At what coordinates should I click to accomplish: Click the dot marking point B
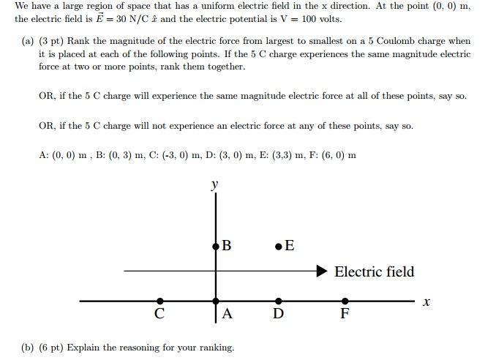pyautogui.click(x=216, y=247)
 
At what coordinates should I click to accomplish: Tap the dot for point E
pyautogui.click(x=279, y=247)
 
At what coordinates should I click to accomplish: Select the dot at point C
pyautogui.click(x=160, y=301)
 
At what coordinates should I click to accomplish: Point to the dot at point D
pyautogui.click(x=279, y=301)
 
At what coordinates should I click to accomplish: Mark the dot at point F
pyautogui.click(x=345, y=301)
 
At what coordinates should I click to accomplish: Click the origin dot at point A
pyautogui.click(x=216, y=301)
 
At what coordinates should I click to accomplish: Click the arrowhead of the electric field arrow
pyautogui.click(x=322, y=271)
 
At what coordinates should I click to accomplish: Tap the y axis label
pyautogui.click(x=215, y=184)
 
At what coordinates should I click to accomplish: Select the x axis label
pyautogui.click(x=426, y=302)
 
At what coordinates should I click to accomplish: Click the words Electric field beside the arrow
pyautogui.click(x=375, y=271)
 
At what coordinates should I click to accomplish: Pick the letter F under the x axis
pyautogui.click(x=345, y=313)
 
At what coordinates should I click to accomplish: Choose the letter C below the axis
pyautogui.click(x=159, y=313)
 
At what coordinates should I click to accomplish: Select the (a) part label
pyautogui.click(x=28, y=41)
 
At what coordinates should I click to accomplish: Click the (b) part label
pyautogui.click(x=28, y=348)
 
